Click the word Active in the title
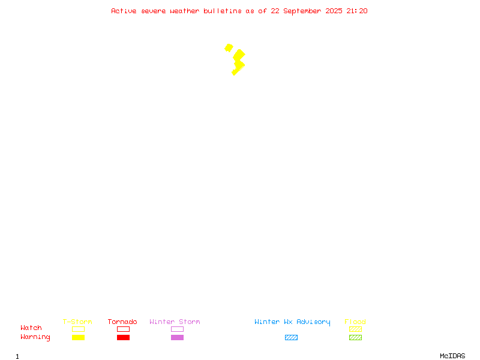[x=124, y=11]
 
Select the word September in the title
[x=302, y=11]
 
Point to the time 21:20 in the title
[x=356, y=11]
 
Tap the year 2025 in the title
[x=334, y=11]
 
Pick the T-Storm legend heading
[x=77, y=322]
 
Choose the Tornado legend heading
[x=122, y=322]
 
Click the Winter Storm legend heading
[x=175, y=322]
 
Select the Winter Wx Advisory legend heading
[x=292, y=322]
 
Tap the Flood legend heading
[x=355, y=322]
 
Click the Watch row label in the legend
[x=31, y=328]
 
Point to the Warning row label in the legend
[x=35, y=337]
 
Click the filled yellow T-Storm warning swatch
[x=79, y=337]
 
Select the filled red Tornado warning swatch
[x=124, y=337]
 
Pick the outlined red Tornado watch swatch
[x=124, y=326]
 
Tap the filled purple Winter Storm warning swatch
[x=177, y=337]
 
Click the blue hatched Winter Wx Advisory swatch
[x=291, y=337]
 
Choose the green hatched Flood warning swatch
[x=355, y=337]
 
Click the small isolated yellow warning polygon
[x=229, y=48]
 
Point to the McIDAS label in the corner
[x=452, y=356]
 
